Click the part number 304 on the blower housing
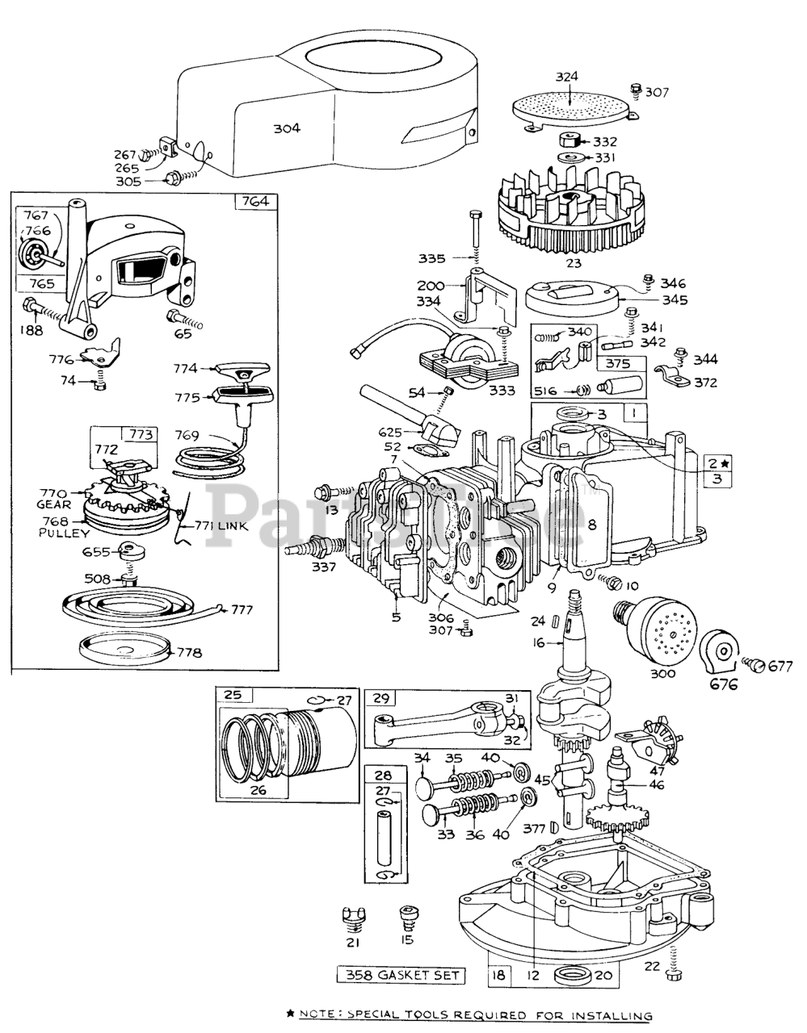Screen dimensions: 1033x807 tap(287, 128)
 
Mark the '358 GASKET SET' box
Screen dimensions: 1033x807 tap(401, 976)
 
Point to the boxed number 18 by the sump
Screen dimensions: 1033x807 tap(499, 975)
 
